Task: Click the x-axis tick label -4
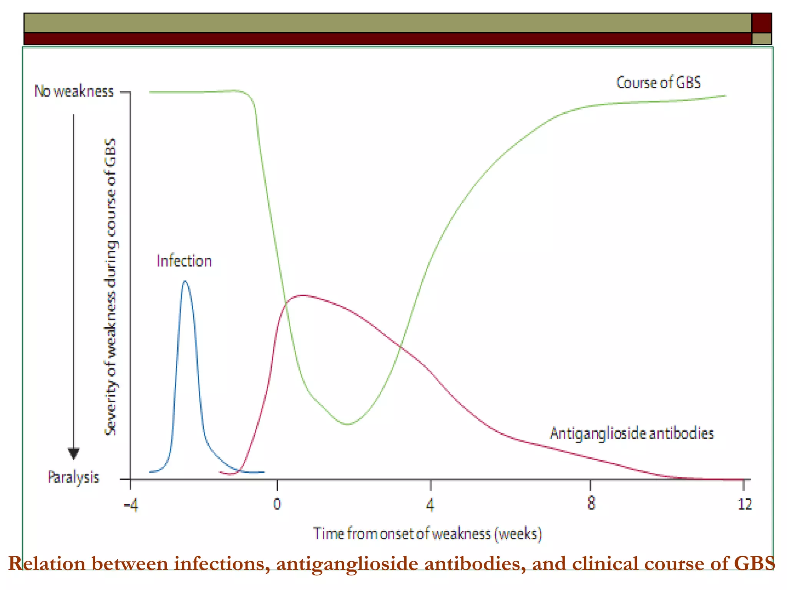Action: [x=131, y=505]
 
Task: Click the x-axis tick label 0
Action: [x=277, y=504]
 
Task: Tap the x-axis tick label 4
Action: [x=430, y=504]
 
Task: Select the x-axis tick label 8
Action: [x=591, y=504]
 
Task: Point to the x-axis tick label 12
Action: [x=744, y=504]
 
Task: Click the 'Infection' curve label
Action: [x=184, y=261]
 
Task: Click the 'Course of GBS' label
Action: [x=658, y=83]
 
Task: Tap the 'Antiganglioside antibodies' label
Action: [x=632, y=433]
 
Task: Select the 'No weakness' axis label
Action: [x=74, y=91]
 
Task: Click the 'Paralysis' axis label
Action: [x=73, y=477]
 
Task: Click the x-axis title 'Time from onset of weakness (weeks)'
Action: [x=427, y=534]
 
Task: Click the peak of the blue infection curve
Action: [x=185, y=281]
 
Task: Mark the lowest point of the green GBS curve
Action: [x=348, y=424]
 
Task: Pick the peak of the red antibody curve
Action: [x=304, y=295]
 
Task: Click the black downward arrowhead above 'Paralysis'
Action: [x=74, y=453]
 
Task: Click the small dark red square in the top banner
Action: [x=762, y=23]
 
